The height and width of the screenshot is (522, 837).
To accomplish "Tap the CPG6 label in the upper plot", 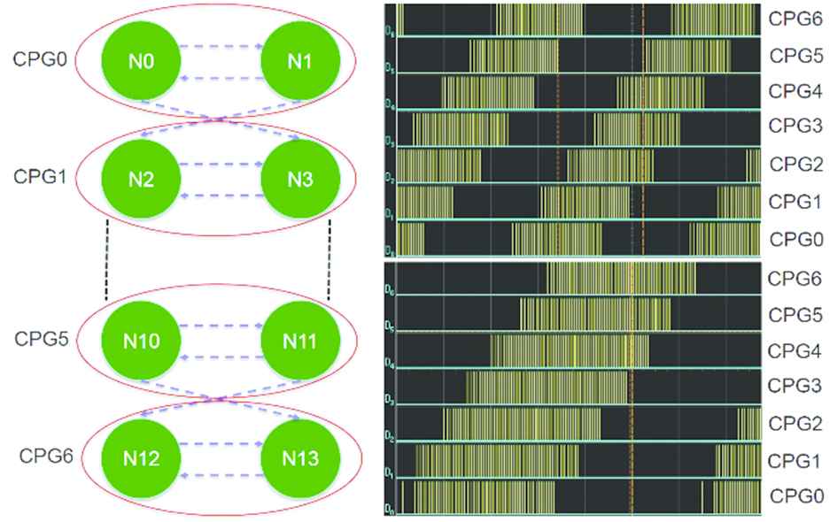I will click(x=794, y=19).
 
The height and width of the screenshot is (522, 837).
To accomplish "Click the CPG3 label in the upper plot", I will click(x=794, y=127).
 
